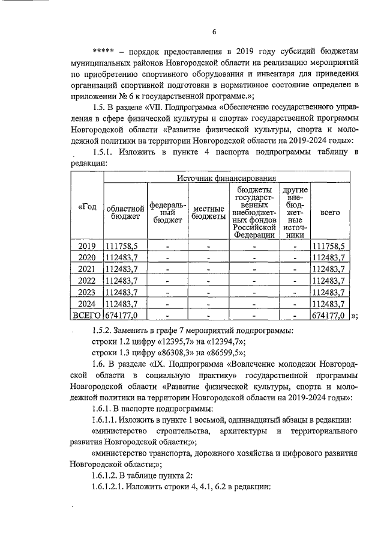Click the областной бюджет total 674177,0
[122, 314]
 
